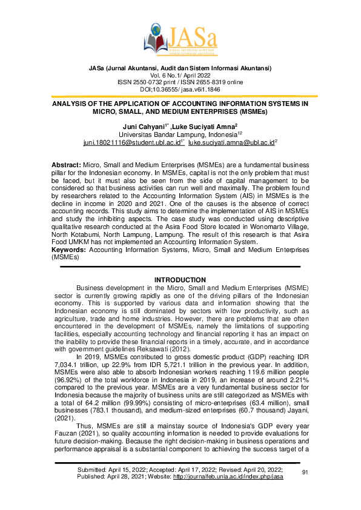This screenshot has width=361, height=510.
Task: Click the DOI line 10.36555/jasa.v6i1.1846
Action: tap(180, 88)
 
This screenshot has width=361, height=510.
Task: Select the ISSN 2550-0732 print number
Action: tap(150, 82)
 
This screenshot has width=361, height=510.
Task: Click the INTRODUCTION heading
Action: tap(180, 279)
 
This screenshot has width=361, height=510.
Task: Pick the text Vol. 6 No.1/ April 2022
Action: tap(180, 75)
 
